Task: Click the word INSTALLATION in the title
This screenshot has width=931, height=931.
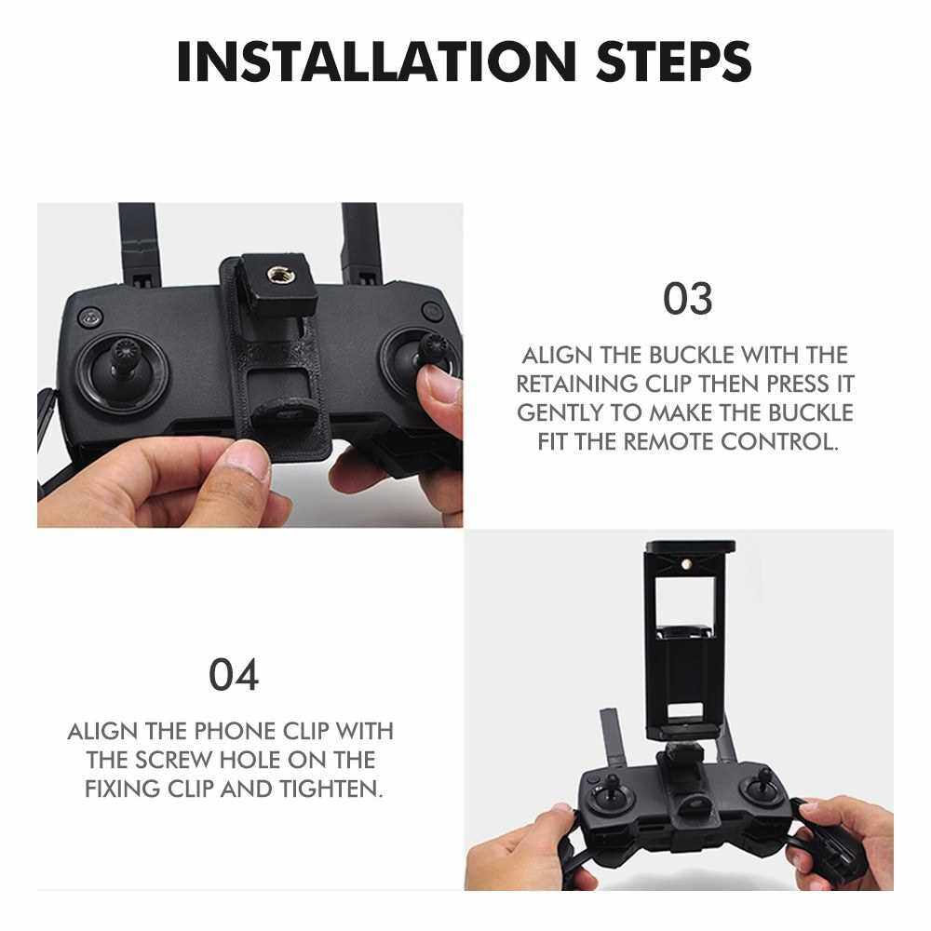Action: click(x=376, y=61)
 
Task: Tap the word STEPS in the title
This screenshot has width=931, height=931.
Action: click(x=674, y=61)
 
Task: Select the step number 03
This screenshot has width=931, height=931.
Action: click(x=688, y=299)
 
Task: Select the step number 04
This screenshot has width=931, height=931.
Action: click(x=234, y=674)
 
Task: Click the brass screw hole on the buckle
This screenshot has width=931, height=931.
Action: click(x=277, y=275)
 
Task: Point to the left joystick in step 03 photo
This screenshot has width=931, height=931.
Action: click(x=123, y=371)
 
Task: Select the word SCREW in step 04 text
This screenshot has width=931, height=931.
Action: click(x=172, y=760)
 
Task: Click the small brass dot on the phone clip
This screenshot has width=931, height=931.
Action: click(x=688, y=562)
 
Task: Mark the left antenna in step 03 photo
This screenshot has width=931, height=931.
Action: click(x=139, y=244)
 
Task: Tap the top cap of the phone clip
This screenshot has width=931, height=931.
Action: click(x=690, y=546)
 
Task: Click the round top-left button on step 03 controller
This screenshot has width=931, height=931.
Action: click(x=90, y=317)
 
